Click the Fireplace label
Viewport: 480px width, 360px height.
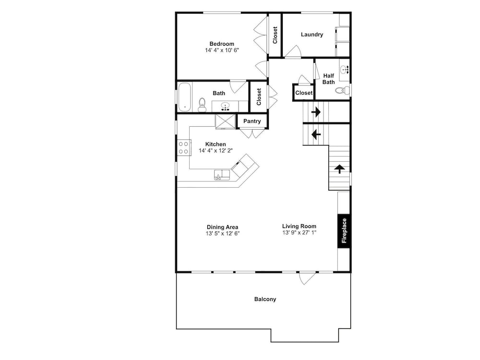[x=344, y=230]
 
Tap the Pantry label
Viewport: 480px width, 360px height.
[x=252, y=121]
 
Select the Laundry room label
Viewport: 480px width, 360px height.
[x=312, y=35]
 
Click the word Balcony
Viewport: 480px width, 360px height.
[x=265, y=299]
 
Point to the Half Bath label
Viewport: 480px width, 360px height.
[x=328, y=79]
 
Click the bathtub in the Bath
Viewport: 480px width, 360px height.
[x=185, y=97]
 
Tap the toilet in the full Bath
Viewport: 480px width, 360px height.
[x=202, y=105]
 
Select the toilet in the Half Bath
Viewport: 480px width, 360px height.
[x=343, y=90]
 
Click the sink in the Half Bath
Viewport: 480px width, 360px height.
[x=346, y=70]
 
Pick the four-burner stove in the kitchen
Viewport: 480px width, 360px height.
[x=184, y=147]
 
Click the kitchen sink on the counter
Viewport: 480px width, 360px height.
[x=222, y=175]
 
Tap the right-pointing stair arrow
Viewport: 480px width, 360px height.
[x=316, y=112]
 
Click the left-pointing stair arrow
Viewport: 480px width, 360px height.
[x=316, y=134]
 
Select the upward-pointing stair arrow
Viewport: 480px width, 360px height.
[x=339, y=168]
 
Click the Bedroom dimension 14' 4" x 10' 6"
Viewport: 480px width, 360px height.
[x=222, y=50]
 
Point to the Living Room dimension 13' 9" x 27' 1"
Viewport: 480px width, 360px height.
[x=300, y=233]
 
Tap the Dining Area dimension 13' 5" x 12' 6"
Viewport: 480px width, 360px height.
[x=223, y=234]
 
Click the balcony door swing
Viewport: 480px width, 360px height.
[x=307, y=278]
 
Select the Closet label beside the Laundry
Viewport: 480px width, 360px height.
[x=275, y=35]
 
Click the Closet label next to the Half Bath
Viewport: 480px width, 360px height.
[x=304, y=93]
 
